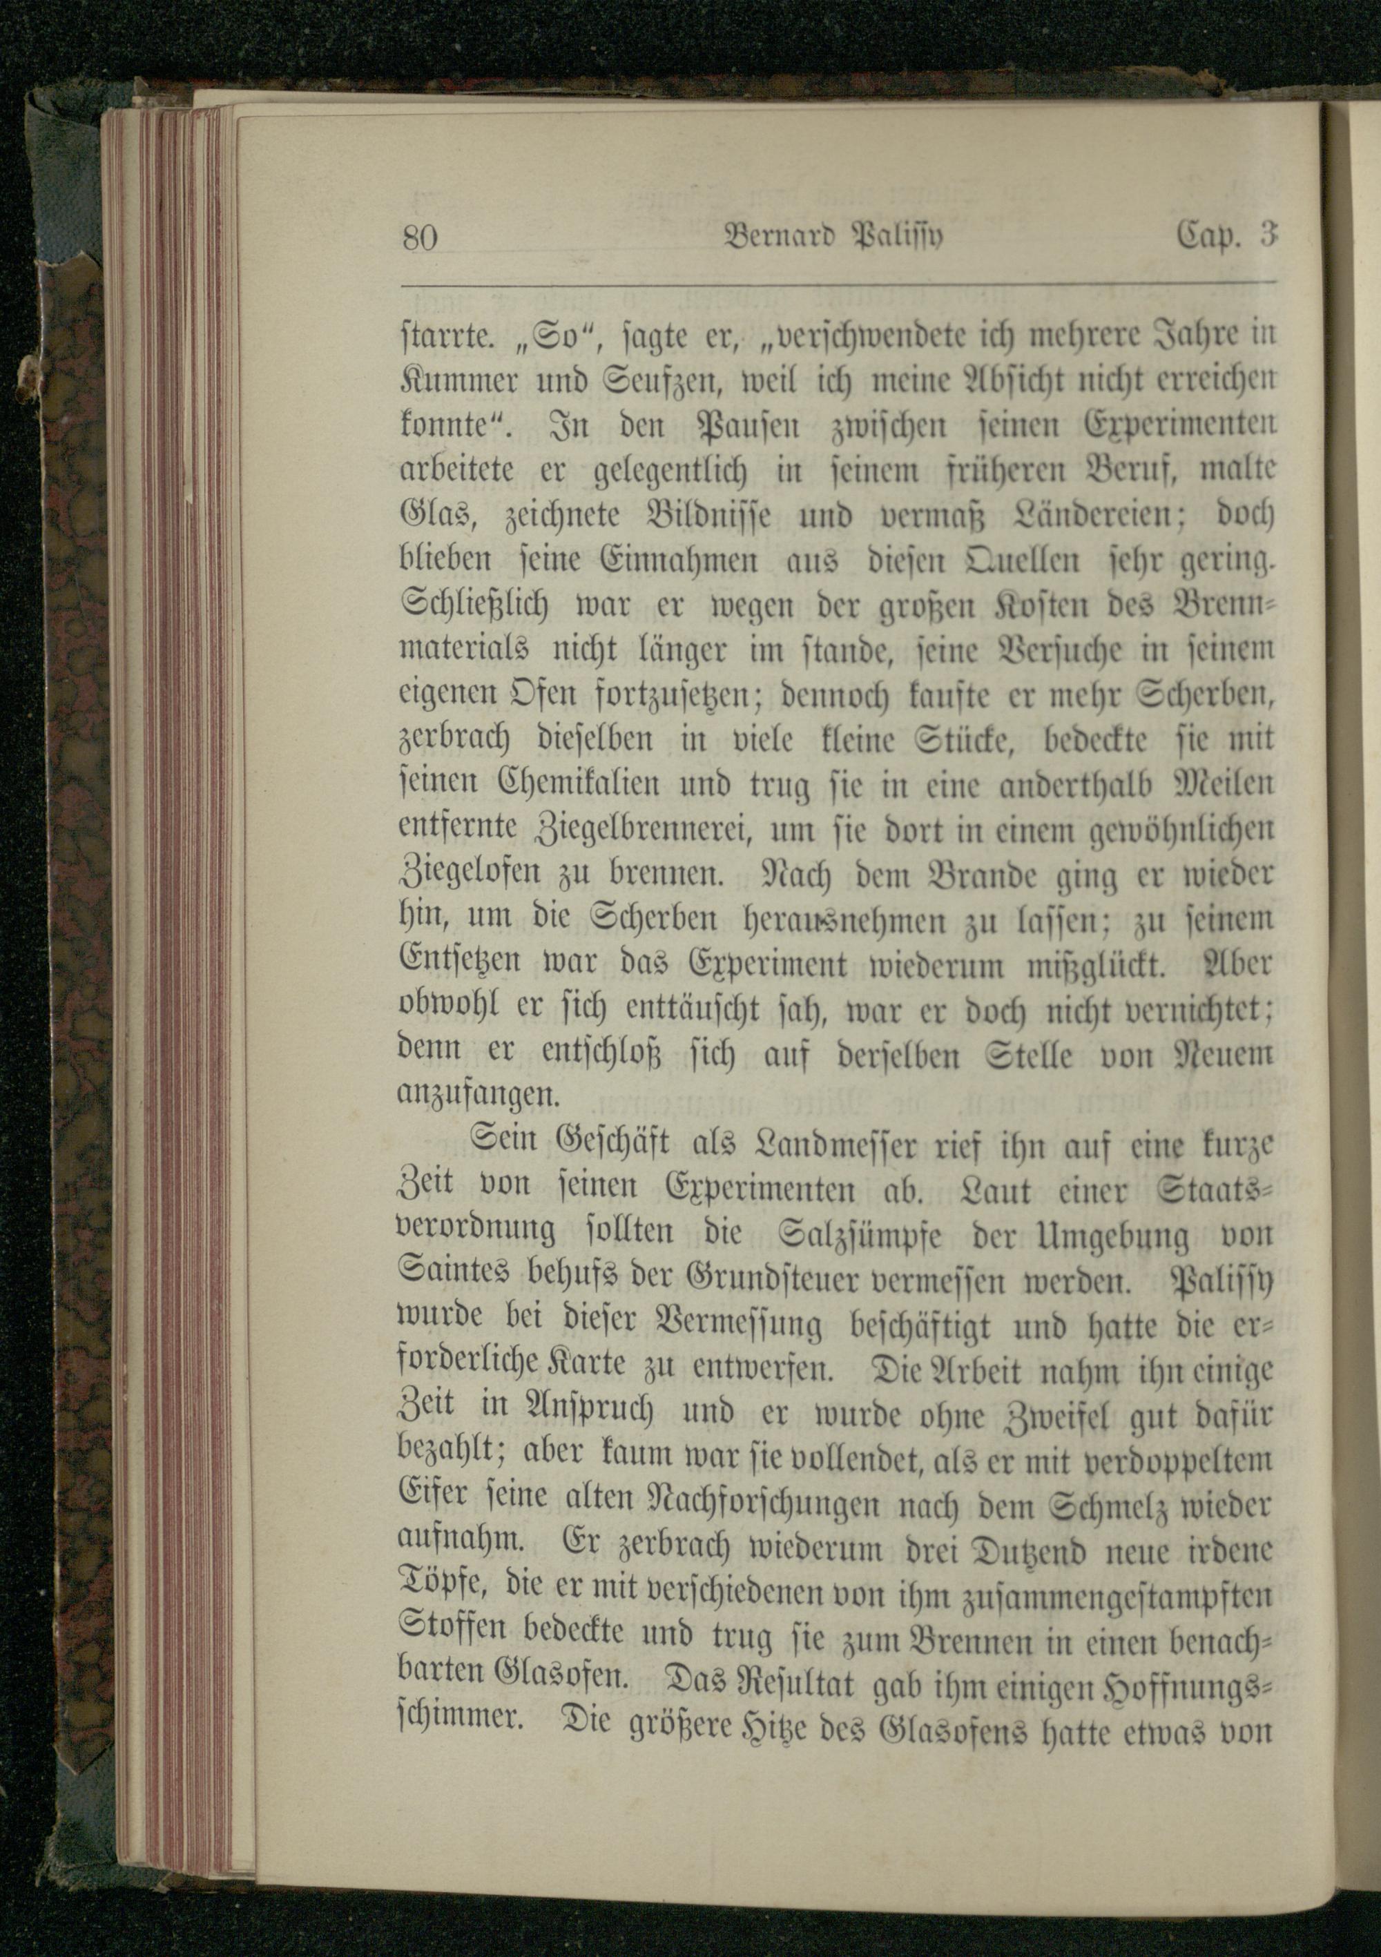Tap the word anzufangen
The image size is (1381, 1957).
[x=476, y=1093]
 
